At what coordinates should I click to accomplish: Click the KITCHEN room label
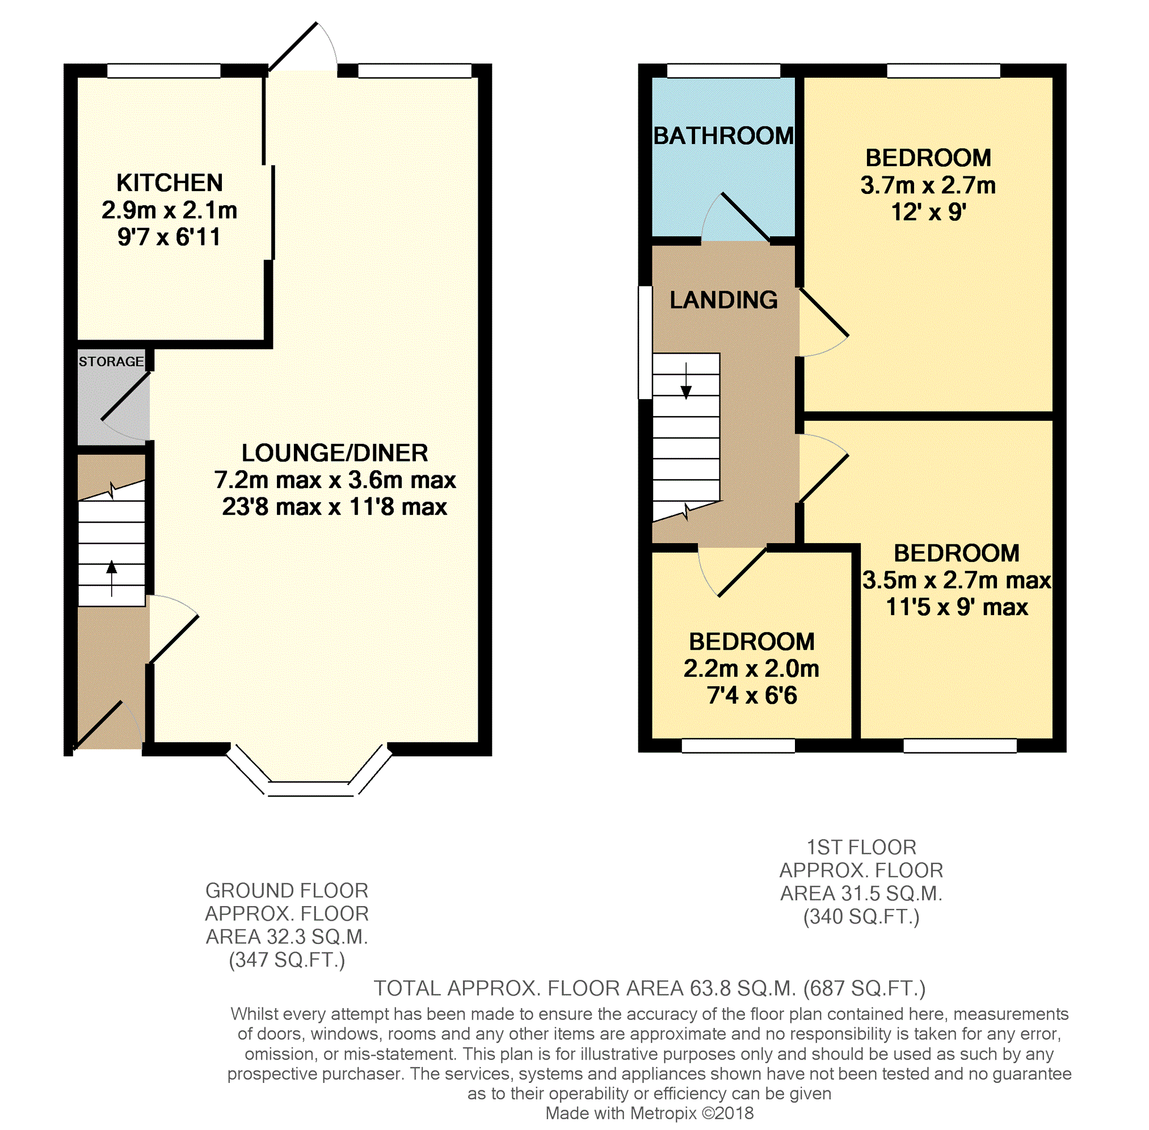169,183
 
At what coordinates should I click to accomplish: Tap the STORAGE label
111,361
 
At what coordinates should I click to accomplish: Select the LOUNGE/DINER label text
334,453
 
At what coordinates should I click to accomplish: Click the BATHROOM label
723,136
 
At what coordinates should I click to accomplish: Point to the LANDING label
723,300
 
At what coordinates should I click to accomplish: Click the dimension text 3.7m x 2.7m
928,185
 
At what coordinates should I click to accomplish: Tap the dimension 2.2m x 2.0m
751,668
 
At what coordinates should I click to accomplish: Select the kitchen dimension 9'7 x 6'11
169,237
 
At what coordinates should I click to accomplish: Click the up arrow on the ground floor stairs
112,578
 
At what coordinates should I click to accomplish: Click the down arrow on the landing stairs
686,381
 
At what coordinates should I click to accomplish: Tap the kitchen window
164,71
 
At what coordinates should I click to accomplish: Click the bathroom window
723,71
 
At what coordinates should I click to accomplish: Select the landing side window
645,342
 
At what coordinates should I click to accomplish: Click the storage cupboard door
125,396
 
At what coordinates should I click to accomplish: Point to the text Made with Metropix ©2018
650,1113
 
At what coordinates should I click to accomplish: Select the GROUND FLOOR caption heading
287,890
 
